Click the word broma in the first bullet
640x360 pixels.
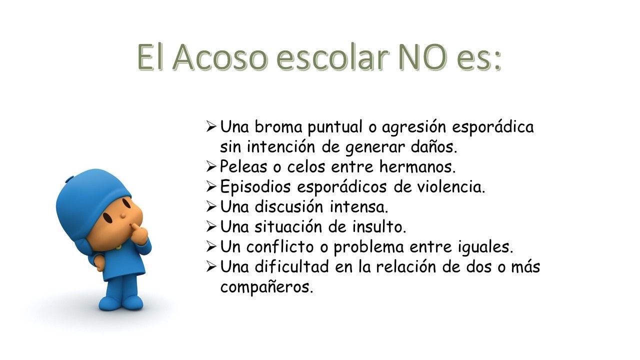click(278, 126)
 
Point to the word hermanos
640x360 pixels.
click(417, 166)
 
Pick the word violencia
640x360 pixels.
click(451, 186)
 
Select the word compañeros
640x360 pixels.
click(266, 287)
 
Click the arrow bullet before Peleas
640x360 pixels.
click(211, 166)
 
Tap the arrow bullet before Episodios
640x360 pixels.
click(211, 186)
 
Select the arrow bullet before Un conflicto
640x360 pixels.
click(211, 246)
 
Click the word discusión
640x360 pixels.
click(289, 206)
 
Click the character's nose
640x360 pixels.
click(123, 215)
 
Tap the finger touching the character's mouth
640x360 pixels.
click(136, 229)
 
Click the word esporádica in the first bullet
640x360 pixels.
click(493, 127)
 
